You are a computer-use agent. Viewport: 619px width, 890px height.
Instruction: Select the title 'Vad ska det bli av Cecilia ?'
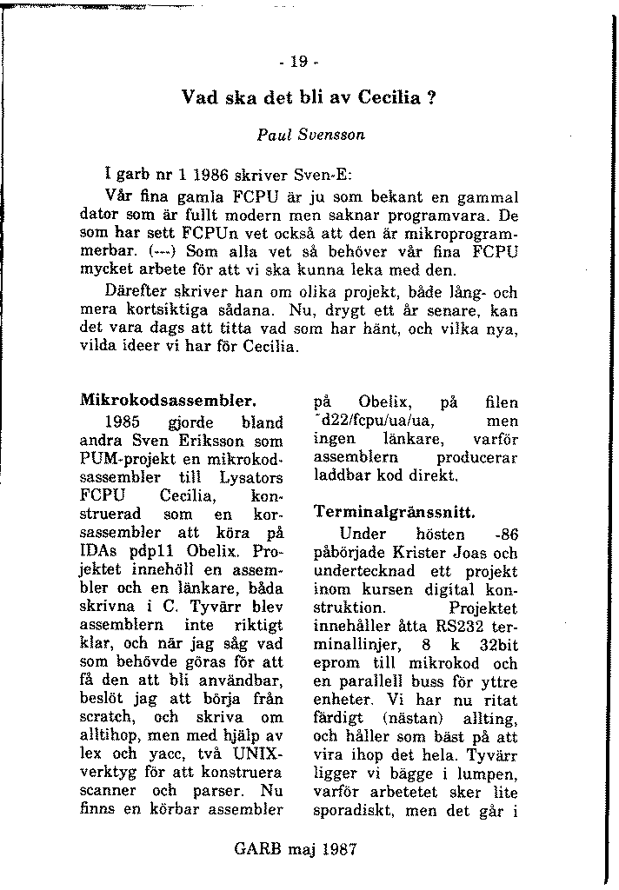coord(308,97)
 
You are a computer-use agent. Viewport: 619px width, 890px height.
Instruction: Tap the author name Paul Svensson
coord(310,136)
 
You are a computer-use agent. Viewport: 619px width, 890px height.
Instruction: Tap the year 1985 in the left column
coord(122,423)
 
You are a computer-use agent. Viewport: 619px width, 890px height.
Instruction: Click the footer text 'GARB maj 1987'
coord(296,849)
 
